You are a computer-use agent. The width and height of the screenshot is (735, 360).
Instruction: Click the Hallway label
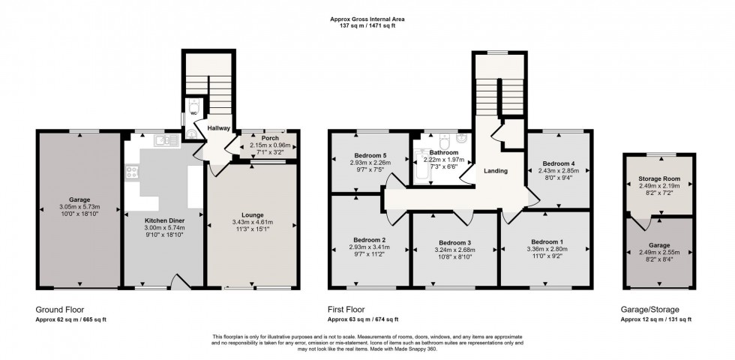[219, 128]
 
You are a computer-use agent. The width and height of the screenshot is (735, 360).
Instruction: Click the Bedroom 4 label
[557, 163]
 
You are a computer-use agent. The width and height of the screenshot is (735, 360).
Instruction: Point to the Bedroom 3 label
[454, 242]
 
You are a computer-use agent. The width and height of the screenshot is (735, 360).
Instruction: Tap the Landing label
[495, 171]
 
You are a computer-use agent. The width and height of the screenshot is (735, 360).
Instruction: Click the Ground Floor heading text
[60, 308]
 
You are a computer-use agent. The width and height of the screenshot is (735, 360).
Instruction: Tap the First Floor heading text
[349, 308]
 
